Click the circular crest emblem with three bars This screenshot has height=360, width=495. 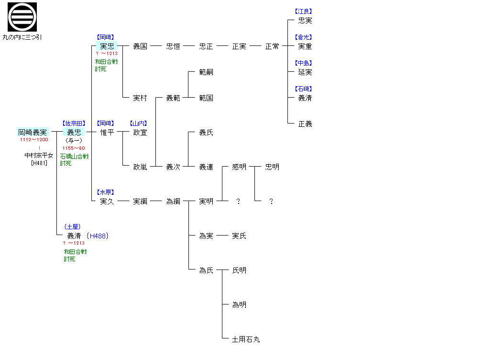[22, 17]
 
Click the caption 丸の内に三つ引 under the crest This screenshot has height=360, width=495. [22, 37]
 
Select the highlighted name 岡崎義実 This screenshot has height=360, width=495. [33, 132]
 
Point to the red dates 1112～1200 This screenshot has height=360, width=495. [34, 140]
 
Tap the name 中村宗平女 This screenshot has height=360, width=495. [39, 156]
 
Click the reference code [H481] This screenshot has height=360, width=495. [39, 163]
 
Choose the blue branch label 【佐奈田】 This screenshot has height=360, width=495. [74, 124]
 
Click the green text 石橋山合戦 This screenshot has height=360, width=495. [75, 156]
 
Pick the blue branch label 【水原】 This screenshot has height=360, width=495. [107, 192]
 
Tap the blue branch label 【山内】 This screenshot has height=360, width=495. [139, 124]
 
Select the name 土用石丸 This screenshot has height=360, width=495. [246, 339]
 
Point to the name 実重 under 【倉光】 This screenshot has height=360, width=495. [305, 46]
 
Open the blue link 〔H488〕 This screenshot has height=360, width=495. [98, 236]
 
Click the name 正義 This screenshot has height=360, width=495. [305, 124]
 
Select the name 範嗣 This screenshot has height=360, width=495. [206, 72]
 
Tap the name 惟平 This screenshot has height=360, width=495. [107, 132]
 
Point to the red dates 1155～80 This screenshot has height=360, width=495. [74, 148]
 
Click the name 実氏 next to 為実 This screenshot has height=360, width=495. [239, 236]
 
